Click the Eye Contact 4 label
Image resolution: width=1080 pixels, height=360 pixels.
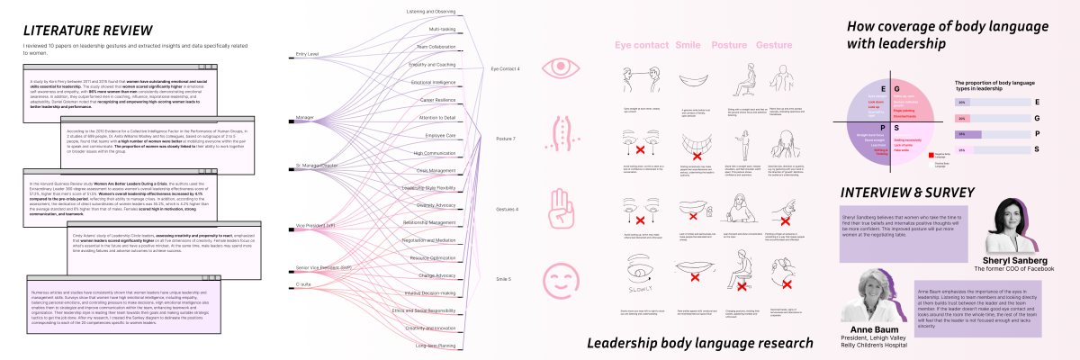(x=505, y=68)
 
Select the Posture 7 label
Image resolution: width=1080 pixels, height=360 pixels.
(x=505, y=139)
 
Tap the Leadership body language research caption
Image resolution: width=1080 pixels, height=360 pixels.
(x=699, y=343)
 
